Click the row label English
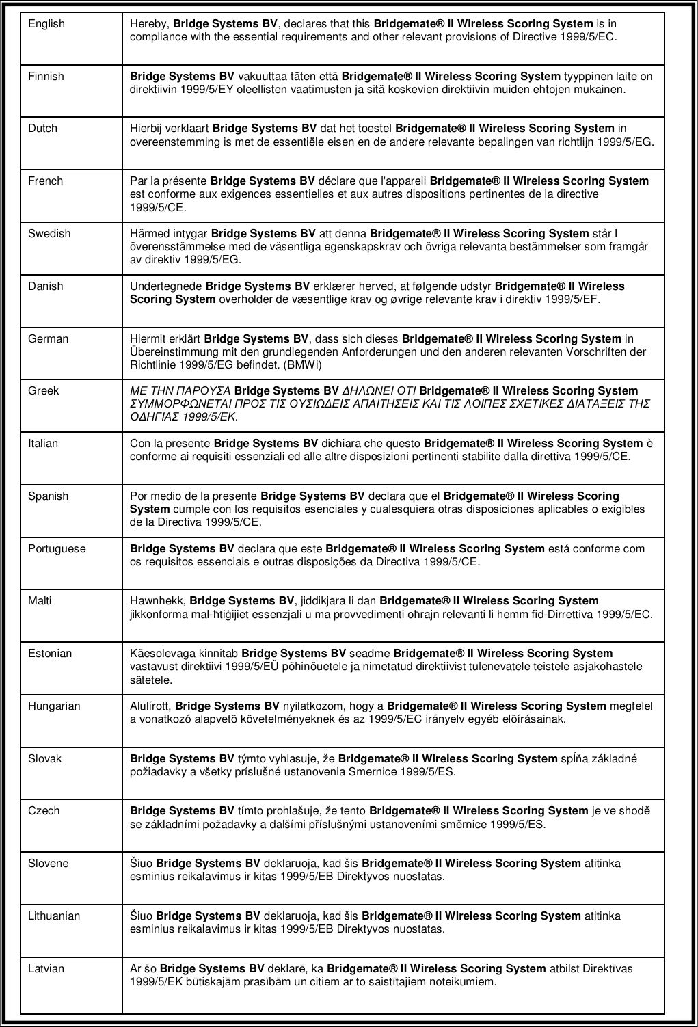pos(46,24)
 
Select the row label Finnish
pos(46,77)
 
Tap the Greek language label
pos(43,391)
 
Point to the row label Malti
pos(40,601)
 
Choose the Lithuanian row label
pos(54,916)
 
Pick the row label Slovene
pos(49,863)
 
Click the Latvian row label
pos(46,968)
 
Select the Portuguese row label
pos(57,548)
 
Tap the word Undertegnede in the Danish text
pos(166,286)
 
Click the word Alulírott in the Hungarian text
pos(151,706)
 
